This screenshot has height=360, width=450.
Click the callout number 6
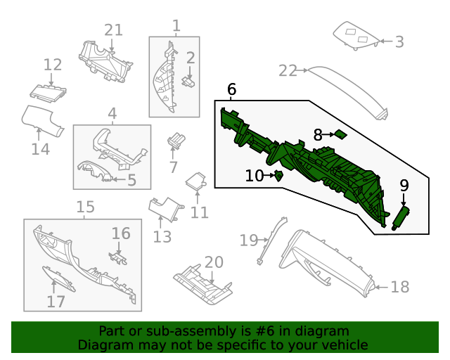pyautogui.click(x=231, y=89)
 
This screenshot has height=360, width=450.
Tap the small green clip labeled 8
pyautogui.click(x=340, y=134)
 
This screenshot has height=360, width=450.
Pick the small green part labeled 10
pyautogui.click(x=278, y=175)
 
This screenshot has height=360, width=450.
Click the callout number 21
pyautogui.click(x=113, y=30)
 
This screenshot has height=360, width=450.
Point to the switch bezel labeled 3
pyautogui.click(x=356, y=35)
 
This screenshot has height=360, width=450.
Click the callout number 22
pyautogui.click(x=288, y=70)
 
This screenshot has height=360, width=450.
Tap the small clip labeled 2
pyautogui.click(x=188, y=80)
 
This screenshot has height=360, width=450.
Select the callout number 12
pyautogui.click(x=53, y=65)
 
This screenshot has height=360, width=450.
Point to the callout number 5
pyautogui.click(x=131, y=181)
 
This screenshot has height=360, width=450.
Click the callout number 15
pyautogui.click(x=85, y=207)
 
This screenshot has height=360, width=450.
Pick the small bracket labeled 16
pyautogui.click(x=118, y=257)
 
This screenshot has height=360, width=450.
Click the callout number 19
pyautogui.click(x=249, y=240)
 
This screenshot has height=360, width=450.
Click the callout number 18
pyautogui.click(x=399, y=287)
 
